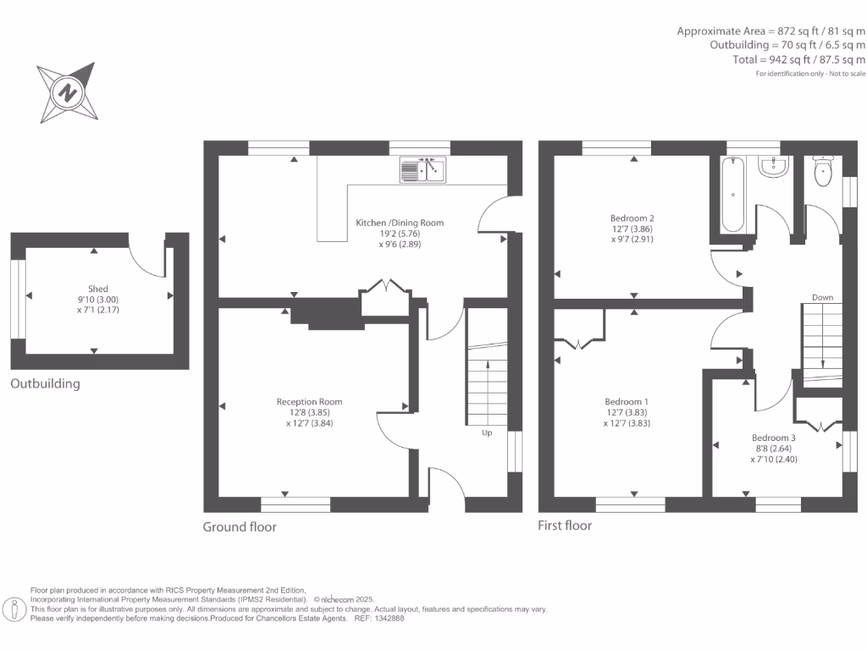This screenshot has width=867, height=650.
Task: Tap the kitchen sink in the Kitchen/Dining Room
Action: click(422, 170)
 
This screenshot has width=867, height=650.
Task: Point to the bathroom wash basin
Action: click(772, 167)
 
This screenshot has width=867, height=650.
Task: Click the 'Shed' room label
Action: click(98, 289)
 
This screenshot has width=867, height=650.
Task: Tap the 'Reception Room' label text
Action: click(309, 401)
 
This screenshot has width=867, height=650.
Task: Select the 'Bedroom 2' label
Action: click(632, 218)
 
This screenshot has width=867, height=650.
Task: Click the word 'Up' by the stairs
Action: click(487, 432)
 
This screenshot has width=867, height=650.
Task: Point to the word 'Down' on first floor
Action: click(822, 297)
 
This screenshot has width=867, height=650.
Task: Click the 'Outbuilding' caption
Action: click(45, 383)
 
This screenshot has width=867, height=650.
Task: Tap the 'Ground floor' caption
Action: click(240, 526)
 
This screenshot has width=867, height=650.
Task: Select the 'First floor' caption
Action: click(565, 526)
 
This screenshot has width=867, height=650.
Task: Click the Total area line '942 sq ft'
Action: click(798, 60)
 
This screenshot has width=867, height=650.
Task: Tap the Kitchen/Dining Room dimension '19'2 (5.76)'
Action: click(399, 234)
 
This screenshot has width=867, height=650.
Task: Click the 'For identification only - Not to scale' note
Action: click(810, 74)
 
